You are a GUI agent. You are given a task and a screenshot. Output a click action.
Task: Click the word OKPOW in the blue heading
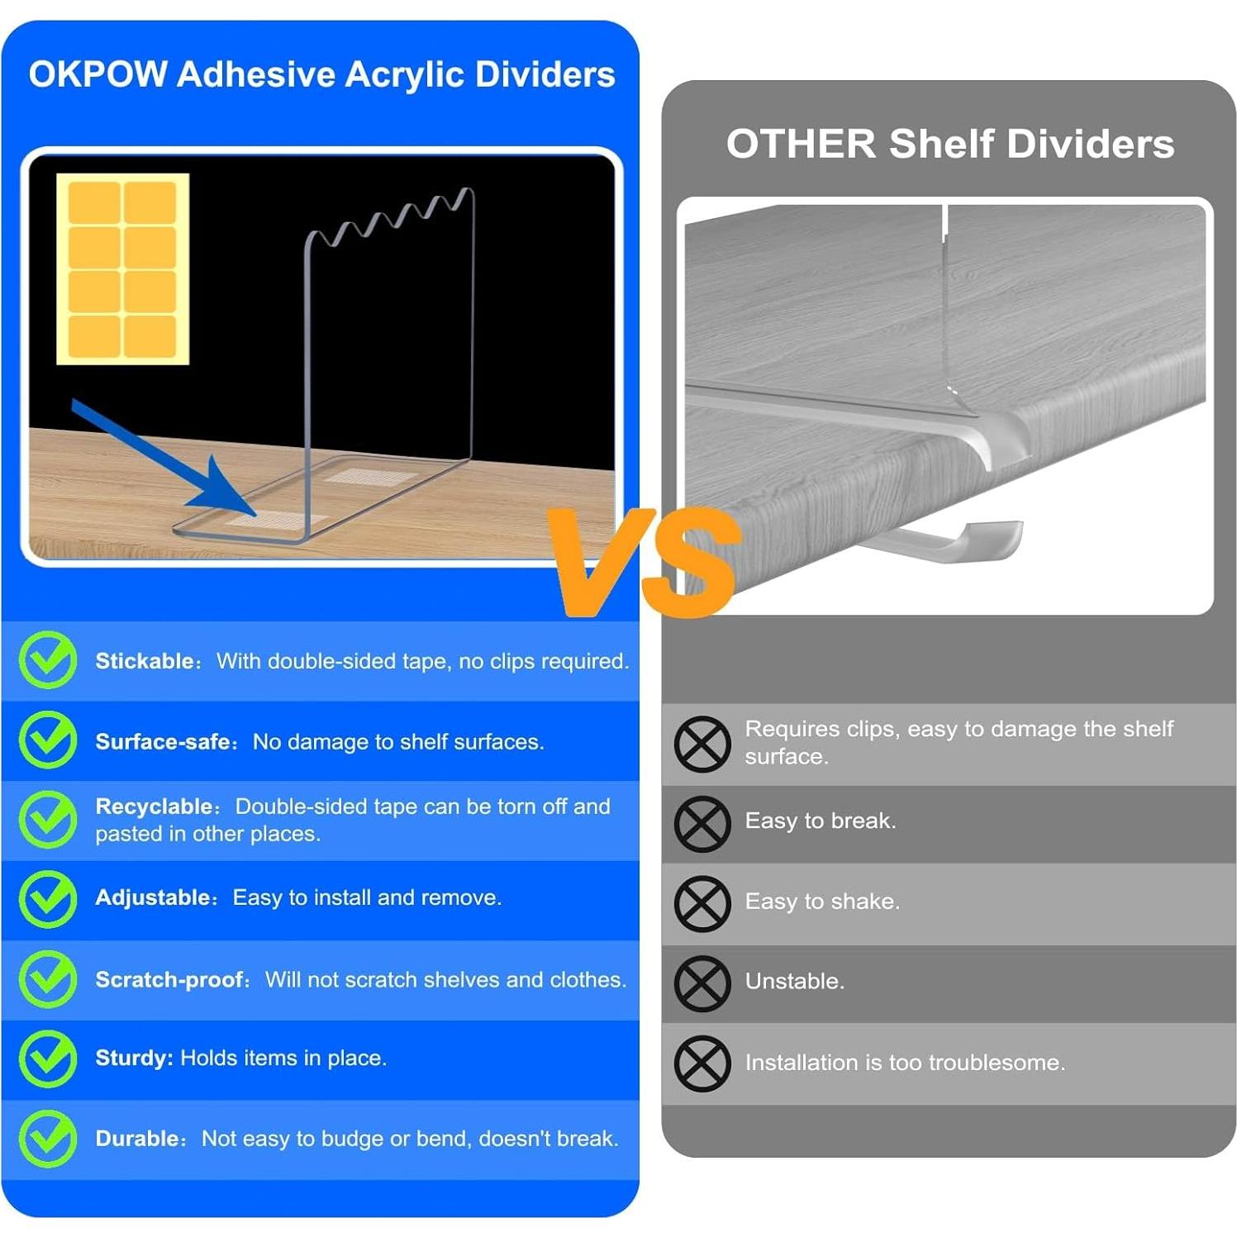[x=98, y=74]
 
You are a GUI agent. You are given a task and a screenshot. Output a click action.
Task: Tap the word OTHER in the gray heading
[x=800, y=144]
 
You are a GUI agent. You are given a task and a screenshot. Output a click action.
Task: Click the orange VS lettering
[x=645, y=562]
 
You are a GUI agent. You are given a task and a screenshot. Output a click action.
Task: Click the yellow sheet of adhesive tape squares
[x=122, y=269]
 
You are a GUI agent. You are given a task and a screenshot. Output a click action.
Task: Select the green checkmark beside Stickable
[x=48, y=660]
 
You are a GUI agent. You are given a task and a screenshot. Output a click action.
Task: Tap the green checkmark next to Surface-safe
[x=48, y=740]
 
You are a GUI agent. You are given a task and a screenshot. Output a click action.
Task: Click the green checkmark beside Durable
[x=48, y=1139]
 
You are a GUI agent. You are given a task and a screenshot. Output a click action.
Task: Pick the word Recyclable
[x=155, y=806]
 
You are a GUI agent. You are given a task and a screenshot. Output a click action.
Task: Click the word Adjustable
[x=154, y=897]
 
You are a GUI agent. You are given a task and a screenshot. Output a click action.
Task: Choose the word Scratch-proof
[x=170, y=979]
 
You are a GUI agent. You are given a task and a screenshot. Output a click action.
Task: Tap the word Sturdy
[x=132, y=1058]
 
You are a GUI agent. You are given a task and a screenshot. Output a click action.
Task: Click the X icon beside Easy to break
[x=702, y=824]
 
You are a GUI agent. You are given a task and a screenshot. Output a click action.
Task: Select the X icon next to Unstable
[x=702, y=983]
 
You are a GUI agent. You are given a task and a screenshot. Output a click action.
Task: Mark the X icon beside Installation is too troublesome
[x=702, y=1063]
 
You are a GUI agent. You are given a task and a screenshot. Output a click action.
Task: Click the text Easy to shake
[x=822, y=901]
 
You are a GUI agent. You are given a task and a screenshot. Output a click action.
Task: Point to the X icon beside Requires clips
[x=702, y=744]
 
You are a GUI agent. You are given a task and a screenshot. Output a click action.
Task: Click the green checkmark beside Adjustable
[x=48, y=899]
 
